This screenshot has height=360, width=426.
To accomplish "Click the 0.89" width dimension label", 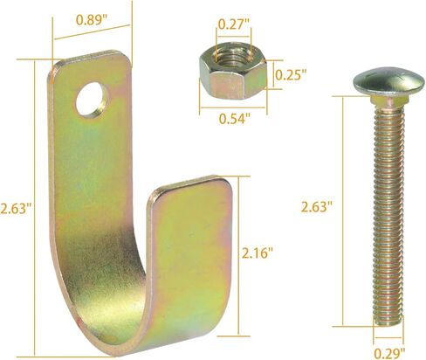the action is pos(92,20).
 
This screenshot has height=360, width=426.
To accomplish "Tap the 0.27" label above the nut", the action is pos(234,24).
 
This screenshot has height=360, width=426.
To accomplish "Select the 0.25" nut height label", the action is pos(291,75).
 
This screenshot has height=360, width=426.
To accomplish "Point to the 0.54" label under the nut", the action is pos(235,119).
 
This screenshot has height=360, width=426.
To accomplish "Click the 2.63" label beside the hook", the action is pos(16,209).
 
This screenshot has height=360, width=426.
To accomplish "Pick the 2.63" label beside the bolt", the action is pos(316,207).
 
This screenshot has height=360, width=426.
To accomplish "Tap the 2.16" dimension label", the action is pos(258,253).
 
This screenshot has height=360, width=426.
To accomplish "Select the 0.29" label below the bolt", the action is pos(389,354).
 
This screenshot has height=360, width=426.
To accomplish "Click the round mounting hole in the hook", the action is pos(93,100).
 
